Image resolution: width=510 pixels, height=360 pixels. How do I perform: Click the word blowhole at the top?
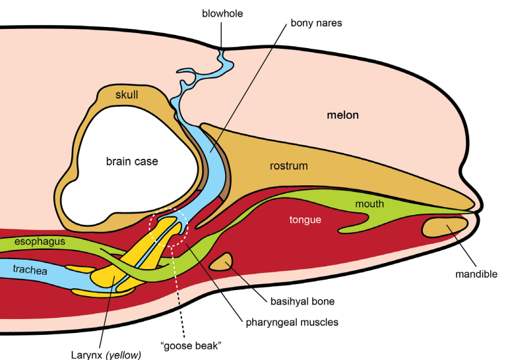[x=222, y=14]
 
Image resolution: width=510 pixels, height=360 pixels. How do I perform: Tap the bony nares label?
[x=316, y=23]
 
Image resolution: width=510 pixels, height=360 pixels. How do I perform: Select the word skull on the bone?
[x=127, y=94]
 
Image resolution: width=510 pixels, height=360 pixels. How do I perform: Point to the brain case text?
[x=132, y=162]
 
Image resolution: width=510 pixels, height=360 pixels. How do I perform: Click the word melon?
[x=343, y=115]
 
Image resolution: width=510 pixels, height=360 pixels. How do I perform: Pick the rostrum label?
[x=288, y=165]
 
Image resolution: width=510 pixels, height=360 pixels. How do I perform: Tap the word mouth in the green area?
[x=369, y=204]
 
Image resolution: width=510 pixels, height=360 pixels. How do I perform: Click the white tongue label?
[x=305, y=220]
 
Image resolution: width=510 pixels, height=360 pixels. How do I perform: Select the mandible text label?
[x=476, y=274]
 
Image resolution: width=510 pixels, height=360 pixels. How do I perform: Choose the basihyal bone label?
[x=302, y=301]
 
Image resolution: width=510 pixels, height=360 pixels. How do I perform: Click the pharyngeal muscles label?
[x=292, y=322]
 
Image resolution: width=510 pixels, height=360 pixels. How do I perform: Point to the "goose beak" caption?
[x=191, y=345]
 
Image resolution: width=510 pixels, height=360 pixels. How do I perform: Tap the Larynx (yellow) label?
[x=106, y=355]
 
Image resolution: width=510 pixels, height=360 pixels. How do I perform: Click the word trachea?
[x=30, y=270]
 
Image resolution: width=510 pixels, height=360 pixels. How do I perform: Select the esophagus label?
[x=40, y=241]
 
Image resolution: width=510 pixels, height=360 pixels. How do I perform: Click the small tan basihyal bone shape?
[x=222, y=262]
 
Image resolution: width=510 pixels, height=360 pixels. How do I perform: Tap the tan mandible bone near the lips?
[x=445, y=227]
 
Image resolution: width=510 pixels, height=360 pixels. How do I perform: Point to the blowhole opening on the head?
[x=222, y=50]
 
